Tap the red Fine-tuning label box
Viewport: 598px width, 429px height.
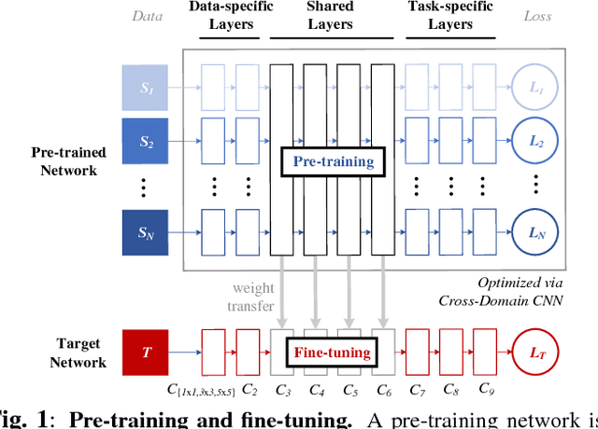[332, 353]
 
